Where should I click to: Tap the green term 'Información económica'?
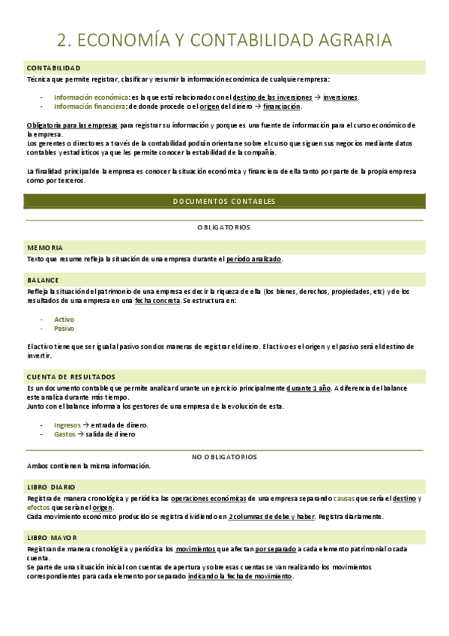click(x=91, y=97)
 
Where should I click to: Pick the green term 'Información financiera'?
click(x=90, y=106)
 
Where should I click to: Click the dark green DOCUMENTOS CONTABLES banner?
click(x=224, y=201)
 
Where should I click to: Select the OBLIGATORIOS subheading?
click(x=224, y=226)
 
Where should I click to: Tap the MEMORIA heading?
click(x=45, y=247)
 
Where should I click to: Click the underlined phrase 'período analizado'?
click(x=253, y=259)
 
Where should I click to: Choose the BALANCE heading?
click(x=43, y=280)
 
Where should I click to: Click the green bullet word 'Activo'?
click(x=64, y=319)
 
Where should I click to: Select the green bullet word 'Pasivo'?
click(x=64, y=328)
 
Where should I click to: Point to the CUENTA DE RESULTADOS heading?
click(x=71, y=376)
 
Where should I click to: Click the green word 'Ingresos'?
click(x=67, y=424)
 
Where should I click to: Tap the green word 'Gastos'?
click(x=64, y=433)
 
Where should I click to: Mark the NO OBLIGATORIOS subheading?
click(x=224, y=456)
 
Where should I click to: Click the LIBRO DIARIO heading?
click(x=51, y=487)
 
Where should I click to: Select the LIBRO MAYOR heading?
click(x=51, y=538)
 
